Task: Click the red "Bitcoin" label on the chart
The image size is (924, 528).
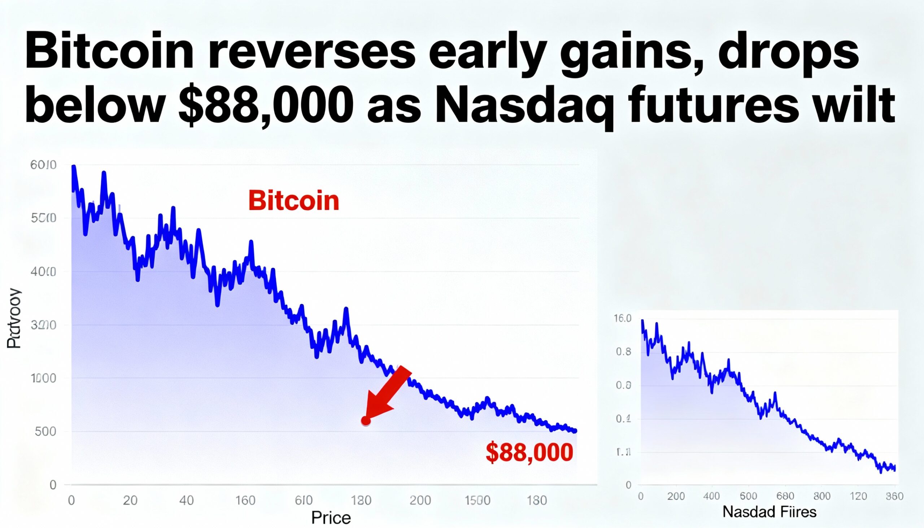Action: [x=293, y=201]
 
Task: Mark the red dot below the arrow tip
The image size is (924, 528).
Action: [x=366, y=421]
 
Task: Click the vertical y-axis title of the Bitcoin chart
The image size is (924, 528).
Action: [x=14, y=319]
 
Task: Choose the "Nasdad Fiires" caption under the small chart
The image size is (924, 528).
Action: [x=769, y=512]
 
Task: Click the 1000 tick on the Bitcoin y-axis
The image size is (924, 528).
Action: [x=44, y=378]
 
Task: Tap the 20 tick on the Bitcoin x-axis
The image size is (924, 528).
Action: [x=130, y=501]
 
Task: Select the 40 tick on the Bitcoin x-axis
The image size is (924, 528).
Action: [x=186, y=501]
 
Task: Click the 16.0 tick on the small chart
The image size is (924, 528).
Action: [x=623, y=318]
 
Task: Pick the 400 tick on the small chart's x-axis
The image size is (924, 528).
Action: [x=711, y=496]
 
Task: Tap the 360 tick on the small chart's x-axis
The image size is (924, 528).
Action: [x=894, y=496]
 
